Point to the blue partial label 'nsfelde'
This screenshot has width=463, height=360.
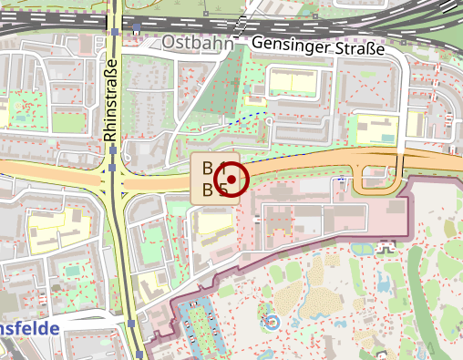(29, 329)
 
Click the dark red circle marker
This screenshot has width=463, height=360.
(231, 180)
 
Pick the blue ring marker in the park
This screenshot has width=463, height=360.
(270, 321)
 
